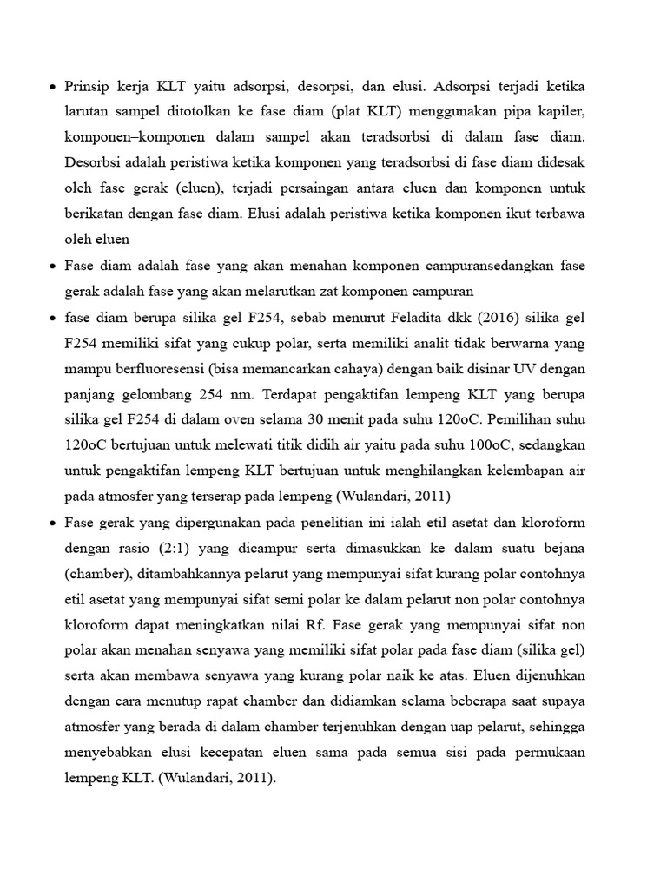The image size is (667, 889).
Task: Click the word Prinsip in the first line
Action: click(x=89, y=88)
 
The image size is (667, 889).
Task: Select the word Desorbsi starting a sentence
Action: click(x=95, y=162)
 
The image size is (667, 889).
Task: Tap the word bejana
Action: click(x=562, y=549)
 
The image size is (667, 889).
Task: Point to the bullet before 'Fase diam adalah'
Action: click(x=52, y=266)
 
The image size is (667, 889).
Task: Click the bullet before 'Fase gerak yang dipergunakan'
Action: click(x=52, y=524)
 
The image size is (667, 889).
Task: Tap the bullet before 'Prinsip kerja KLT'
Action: click(x=52, y=88)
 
